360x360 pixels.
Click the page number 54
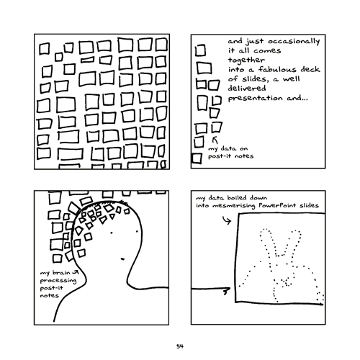click(x=180, y=346)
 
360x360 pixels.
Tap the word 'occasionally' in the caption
click(x=294, y=42)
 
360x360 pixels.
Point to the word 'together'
click(x=246, y=60)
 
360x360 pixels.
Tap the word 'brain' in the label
click(x=61, y=273)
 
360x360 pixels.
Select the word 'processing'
click(x=58, y=281)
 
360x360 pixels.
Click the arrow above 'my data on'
click(x=215, y=140)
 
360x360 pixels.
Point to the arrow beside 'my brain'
click(x=76, y=272)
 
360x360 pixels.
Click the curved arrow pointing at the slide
click(x=227, y=220)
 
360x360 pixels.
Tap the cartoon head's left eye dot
click(x=112, y=233)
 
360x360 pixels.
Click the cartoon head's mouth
click(x=122, y=259)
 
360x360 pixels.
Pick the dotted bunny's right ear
click(x=293, y=243)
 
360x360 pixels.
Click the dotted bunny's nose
click(x=286, y=282)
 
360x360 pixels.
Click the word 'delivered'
click(x=247, y=89)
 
